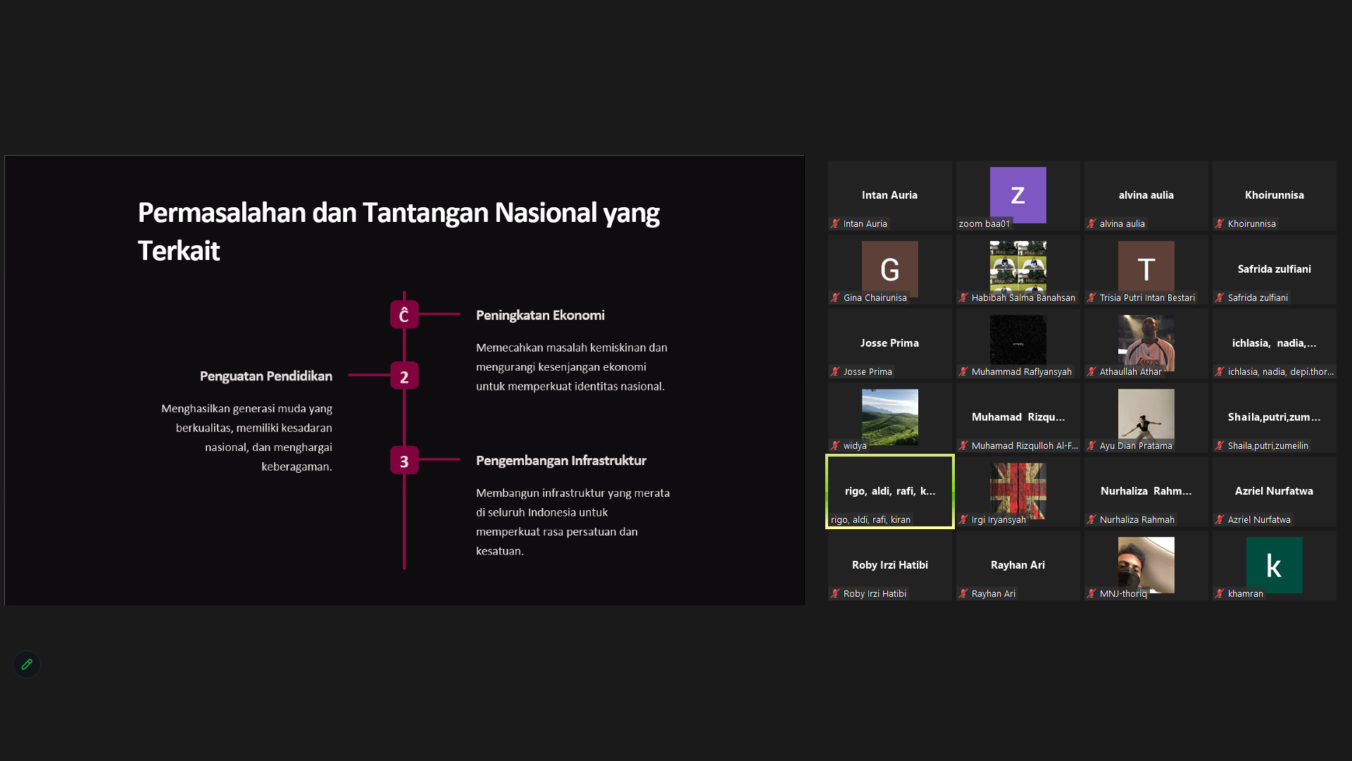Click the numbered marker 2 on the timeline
(x=404, y=376)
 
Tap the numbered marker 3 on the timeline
(x=404, y=461)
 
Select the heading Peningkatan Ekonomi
(x=540, y=315)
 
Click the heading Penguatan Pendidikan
(x=266, y=376)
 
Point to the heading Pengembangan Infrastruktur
(x=561, y=460)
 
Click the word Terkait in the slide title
(x=179, y=251)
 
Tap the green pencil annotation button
(x=27, y=664)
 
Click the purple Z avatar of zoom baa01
(x=1018, y=195)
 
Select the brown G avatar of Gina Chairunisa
(x=889, y=269)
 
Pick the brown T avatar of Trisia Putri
(x=1146, y=269)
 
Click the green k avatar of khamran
(x=1274, y=565)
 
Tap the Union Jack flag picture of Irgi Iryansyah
(x=1018, y=491)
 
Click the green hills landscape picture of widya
(x=889, y=417)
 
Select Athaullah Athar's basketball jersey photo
(x=1146, y=343)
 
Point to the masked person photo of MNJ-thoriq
(x=1146, y=565)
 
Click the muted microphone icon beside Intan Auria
(x=835, y=223)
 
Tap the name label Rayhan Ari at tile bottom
(x=993, y=594)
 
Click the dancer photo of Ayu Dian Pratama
(x=1146, y=417)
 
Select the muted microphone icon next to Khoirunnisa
(x=1220, y=223)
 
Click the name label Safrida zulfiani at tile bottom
(x=1258, y=298)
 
